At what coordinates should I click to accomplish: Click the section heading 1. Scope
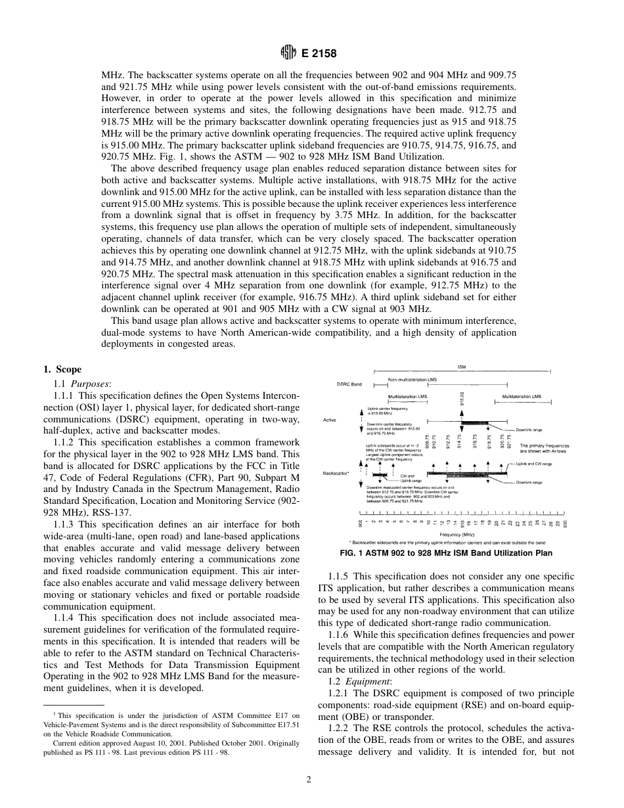coord(62,369)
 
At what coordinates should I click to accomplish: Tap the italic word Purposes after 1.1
coord(91,383)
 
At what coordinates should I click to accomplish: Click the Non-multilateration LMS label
coord(414,380)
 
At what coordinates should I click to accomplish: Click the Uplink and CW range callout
coord(533,464)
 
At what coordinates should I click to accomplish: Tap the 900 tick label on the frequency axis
coord(360,523)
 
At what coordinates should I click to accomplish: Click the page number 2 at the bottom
coord(308,780)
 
